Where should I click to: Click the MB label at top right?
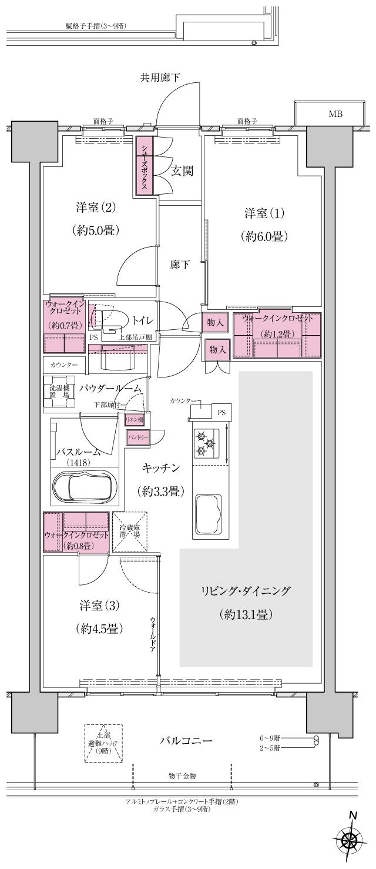pyautogui.click(x=335, y=114)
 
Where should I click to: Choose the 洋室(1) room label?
pyautogui.click(x=263, y=212)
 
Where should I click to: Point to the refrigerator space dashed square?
pyautogui.click(x=129, y=531)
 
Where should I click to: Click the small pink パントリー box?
pyautogui.click(x=138, y=437)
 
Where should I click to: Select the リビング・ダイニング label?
pyautogui.click(x=245, y=591)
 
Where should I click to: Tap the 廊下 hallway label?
pyautogui.click(x=180, y=265)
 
